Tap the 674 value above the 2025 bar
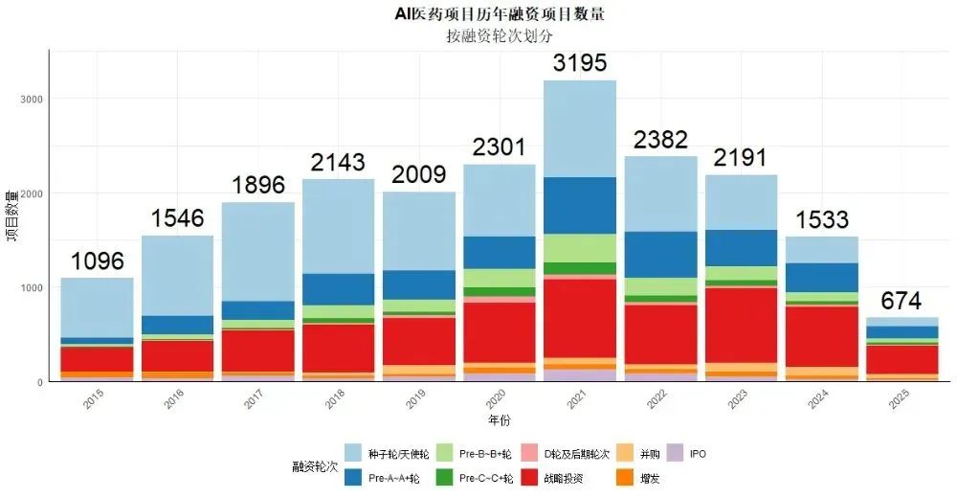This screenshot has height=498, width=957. pos(901,301)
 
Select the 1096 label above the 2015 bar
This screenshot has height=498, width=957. pos(97,261)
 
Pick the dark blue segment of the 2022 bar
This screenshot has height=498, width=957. pos(660,254)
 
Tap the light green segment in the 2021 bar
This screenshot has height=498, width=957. pos(580,248)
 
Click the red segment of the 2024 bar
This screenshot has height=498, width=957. pos(821,335)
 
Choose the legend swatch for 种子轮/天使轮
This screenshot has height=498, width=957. pos(353,453)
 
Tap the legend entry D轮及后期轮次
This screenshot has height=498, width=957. pos(564,453)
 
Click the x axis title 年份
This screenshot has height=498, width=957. pos(499,419)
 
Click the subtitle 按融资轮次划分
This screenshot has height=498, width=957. pos(499,35)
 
